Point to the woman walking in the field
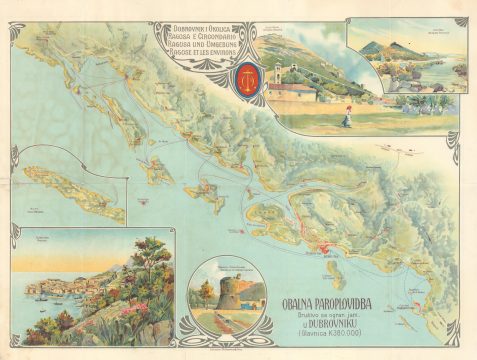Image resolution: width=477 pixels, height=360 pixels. pos(347,116)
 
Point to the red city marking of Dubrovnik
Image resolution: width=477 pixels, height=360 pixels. pos(326,247)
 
